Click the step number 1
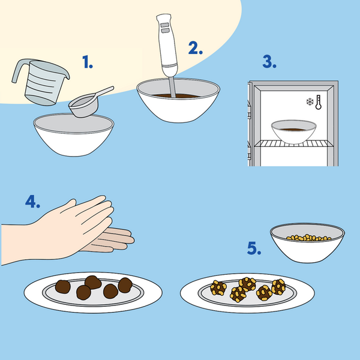point(88,62)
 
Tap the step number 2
point(196,48)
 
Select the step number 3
point(269,62)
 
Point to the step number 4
point(32,202)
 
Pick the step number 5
point(254,248)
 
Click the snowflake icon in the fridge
point(310,102)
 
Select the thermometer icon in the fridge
point(319,102)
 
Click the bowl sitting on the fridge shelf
point(293,132)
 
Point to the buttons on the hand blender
point(165,28)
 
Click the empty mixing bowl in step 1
point(74,135)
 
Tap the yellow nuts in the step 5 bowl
point(308,238)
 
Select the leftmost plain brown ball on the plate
point(62,287)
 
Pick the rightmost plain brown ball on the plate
point(125,285)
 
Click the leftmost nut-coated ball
point(218,287)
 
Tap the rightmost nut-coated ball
point(278,287)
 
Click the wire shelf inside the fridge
point(293,144)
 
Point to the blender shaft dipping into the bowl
point(172,87)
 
